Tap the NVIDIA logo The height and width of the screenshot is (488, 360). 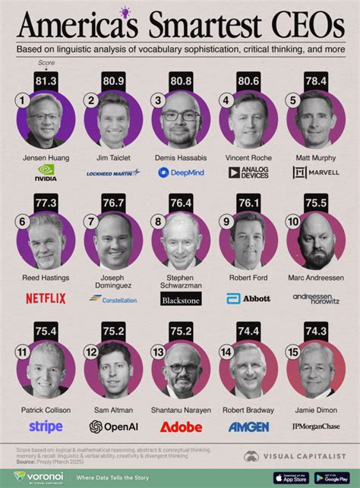click(46, 173)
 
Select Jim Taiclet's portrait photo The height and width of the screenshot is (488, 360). click(113, 119)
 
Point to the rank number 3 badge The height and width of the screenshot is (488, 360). click(157, 99)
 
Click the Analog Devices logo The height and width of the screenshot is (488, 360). click(249, 173)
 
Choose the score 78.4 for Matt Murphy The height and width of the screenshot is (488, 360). click(317, 80)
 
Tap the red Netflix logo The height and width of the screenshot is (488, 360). click(46, 298)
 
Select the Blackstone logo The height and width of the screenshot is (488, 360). click(181, 299)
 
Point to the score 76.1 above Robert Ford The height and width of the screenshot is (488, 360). click(249, 203)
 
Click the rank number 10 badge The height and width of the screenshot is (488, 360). click(293, 222)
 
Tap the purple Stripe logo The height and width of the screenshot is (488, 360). click(46, 427)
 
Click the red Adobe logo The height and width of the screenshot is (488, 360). click(181, 427)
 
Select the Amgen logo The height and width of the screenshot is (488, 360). click(249, 427)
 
